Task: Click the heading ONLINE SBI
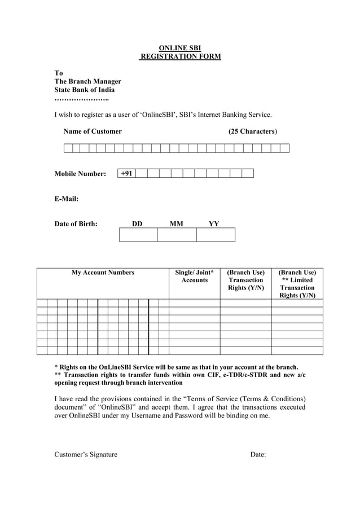pos(180,48)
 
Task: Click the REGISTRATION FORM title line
pos(181,56)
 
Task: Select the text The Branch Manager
pos(87,81)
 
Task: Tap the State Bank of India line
pos(84,90)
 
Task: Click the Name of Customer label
pos(93,131)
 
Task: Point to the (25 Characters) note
pos(252,131)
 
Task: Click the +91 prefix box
pos(127,173)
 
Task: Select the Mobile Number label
pos(80,174)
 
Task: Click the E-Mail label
pos(66,199)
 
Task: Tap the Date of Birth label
pos(76,224)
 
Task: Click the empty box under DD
pos(138,235)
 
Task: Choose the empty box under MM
pos(177,235)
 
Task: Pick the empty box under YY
pos(216,235)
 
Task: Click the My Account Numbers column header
pos(103,273)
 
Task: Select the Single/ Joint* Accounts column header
pos(194,277)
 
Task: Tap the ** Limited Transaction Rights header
pos(297,284)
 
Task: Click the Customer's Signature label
pos(86,455)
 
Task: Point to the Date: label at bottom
pos(258,455)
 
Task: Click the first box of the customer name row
pos(68,148)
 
